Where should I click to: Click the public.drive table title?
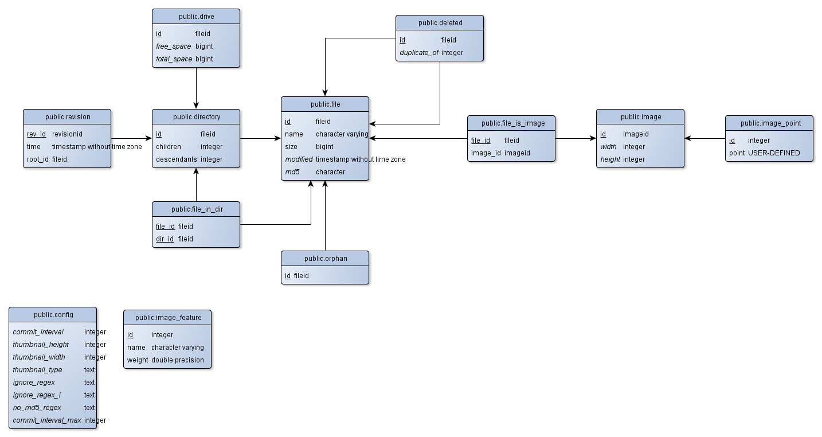coord(196,17)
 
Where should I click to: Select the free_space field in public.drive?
coord(173,46)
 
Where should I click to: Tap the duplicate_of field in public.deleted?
coord(418,53)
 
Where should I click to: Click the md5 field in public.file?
coord(292,172)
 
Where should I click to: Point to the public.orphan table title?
coord(326,259)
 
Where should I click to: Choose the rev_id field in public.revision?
coord(36,134)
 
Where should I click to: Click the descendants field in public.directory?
coord(176,159)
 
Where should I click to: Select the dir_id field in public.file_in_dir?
coord(165,239)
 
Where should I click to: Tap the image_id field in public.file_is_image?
coord(486,153)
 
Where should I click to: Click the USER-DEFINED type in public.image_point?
coord(774,153)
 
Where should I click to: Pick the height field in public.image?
coord(610,159)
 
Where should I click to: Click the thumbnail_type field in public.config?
coord(37,370)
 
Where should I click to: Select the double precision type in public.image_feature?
coord(178,360)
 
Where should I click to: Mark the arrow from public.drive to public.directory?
coord(196,88)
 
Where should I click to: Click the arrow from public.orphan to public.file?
coord(325,216)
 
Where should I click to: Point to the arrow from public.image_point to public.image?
coord(704,138)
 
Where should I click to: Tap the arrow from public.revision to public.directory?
coord(131,138)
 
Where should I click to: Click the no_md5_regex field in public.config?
coord(37,408)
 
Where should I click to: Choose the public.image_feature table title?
coord(169,318)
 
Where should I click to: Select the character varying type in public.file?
coord(342,134)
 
